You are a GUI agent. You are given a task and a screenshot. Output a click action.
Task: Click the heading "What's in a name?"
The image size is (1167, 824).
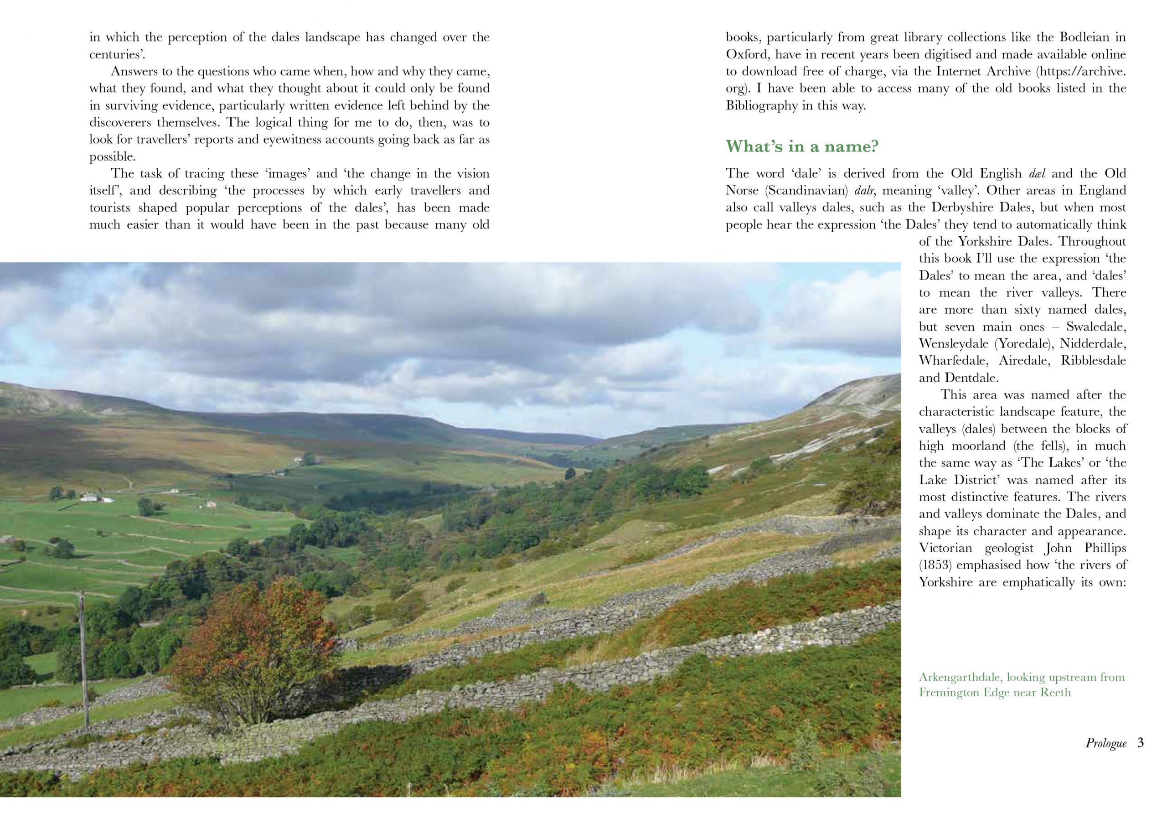[x=802, y=146]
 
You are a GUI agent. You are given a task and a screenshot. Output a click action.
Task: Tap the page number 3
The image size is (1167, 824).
[x=1141, y=743]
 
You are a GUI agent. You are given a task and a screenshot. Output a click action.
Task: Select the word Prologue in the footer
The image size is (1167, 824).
[x=1106, y=743]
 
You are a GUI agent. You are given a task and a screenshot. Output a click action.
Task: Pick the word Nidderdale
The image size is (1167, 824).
[x=1093, y=344]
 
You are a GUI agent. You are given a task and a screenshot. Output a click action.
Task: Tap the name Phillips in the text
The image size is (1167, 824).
[x=1100, y=548]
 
